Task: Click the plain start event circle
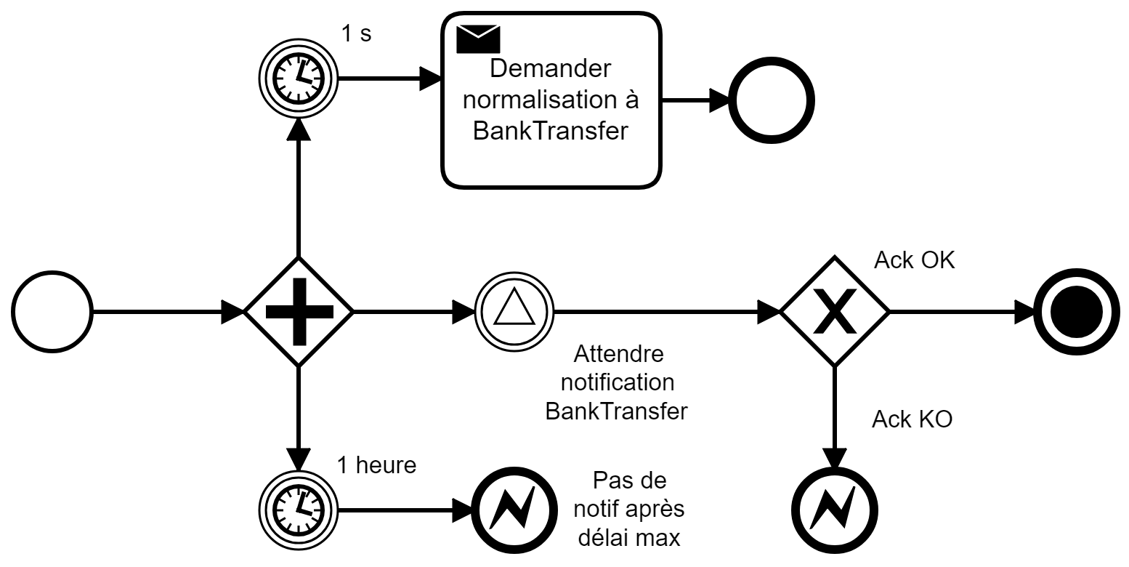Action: point(52,313)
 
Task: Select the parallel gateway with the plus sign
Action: point(298,312)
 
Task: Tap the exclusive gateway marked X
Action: point(834,312)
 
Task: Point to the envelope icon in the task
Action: point(477,39)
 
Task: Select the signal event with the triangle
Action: point(514,312)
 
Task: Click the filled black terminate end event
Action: point(1071,312)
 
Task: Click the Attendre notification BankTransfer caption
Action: point(618,383)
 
